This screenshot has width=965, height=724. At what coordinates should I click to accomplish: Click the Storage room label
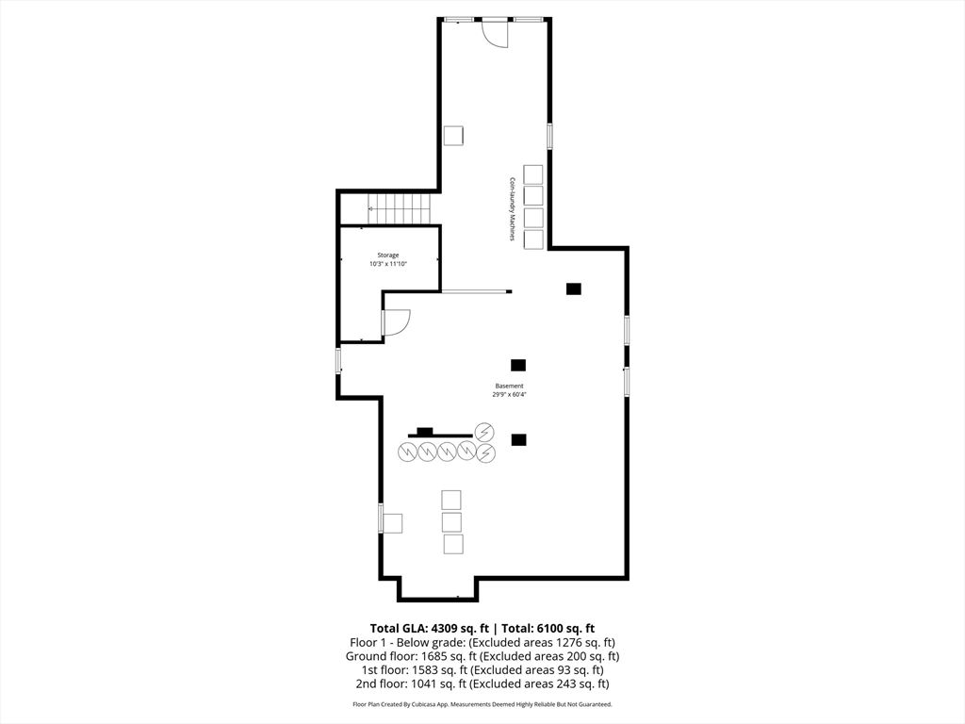coord(388,255)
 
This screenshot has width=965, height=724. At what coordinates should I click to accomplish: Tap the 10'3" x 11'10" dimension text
coord(388,265)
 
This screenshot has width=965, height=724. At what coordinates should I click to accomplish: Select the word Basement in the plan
coord(509,386)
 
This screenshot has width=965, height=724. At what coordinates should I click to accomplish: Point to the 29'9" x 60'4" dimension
coord(509,395)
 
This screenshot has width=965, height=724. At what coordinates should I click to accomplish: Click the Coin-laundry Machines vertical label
coord(512,208)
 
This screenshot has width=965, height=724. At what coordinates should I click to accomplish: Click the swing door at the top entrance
coord(495,33)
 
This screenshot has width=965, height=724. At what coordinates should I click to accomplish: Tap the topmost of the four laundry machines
coord(533,173)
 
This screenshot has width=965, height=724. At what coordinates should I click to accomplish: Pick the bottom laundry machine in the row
coord(533,239)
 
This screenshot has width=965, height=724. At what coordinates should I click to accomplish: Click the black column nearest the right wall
coord(574,288)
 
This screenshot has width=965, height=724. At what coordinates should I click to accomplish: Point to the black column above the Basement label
coord(517,365)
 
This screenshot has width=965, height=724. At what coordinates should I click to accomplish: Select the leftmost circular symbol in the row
coord(407,452)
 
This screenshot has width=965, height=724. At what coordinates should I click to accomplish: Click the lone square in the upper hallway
coord(454,135)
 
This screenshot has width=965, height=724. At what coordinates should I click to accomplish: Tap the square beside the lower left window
coord(392,522)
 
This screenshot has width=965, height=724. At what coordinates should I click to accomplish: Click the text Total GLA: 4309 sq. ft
coord(428,628)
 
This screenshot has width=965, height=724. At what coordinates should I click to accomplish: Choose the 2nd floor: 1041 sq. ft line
coord(482,684)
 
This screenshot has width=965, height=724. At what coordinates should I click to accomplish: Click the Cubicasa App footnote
coord(482,704)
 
